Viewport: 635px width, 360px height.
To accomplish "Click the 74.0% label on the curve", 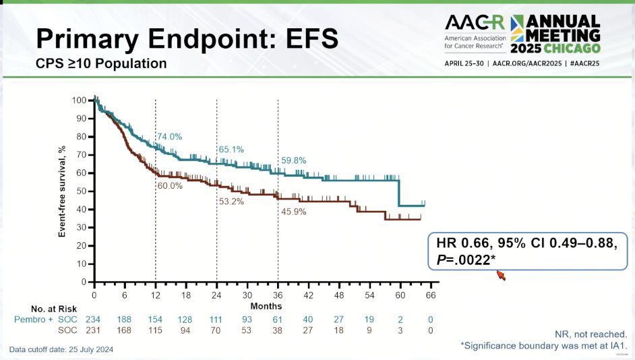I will pos(170,137).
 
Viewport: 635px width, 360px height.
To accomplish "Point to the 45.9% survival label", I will pos(293,212).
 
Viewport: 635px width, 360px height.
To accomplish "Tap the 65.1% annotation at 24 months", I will pos(231,149).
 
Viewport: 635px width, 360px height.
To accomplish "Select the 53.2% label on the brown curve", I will pos(231,201).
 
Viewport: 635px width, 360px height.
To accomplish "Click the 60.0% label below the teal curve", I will pos(170,186).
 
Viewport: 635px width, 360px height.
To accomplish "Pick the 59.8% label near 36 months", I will pos(293,160).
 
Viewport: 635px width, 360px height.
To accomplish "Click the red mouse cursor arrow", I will pos(500,274).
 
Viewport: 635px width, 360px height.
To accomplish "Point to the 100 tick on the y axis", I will pos(80,100).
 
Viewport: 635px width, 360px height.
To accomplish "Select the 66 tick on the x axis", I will pos(430,295).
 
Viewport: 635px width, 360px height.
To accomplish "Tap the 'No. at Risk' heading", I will pos(51,307).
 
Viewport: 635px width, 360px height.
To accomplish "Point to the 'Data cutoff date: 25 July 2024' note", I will pos(61,349).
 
